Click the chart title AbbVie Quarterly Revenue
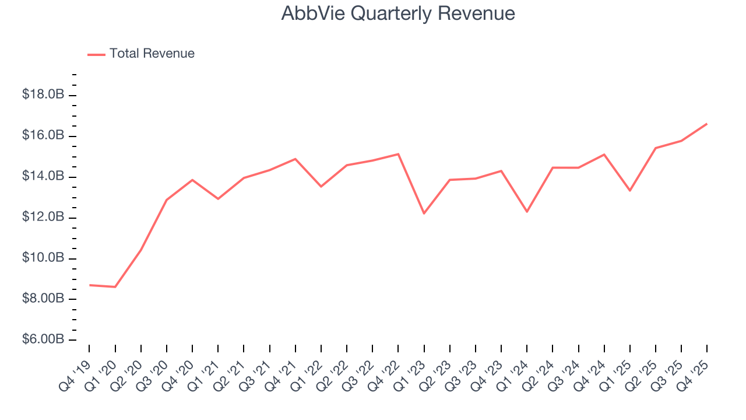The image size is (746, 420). (398, 13)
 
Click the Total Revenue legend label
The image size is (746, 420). (152, 54)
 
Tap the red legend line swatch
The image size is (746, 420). (96, 54)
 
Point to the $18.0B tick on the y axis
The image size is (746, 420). (43, 94)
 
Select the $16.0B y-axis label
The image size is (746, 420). (43, 135)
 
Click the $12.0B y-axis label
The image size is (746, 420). (43, 217)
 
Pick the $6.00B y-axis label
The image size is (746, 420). (43, 339)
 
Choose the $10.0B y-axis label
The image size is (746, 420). (43, 258)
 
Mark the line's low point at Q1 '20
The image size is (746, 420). (115, 287)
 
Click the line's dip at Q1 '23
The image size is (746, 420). (424, 213)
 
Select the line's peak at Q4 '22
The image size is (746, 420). (398, 154)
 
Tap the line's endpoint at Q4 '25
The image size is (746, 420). (707, 124)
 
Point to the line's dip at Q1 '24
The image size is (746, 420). (527, 211)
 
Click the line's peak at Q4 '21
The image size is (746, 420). (295, 159)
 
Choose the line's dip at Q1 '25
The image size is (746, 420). (630, 190)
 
